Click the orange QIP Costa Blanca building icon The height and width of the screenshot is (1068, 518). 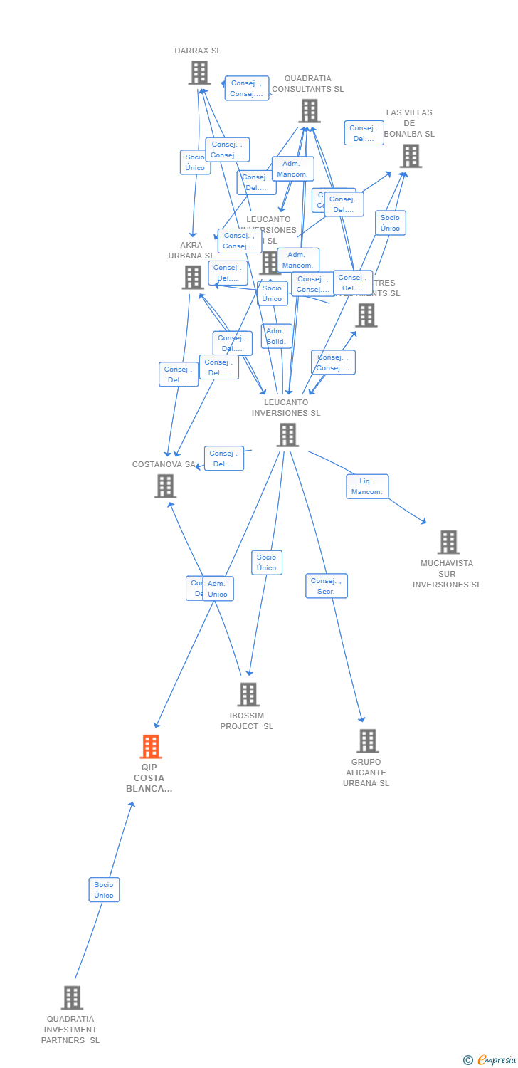tap(150, 747)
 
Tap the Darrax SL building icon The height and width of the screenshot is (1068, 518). tap(199, 73)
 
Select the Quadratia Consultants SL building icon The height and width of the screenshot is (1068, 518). tap(309, 111)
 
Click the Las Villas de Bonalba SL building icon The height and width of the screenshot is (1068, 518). tap(411, 156)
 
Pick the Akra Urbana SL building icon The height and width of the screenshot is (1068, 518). tap(193, 278)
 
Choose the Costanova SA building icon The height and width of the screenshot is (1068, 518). tap(165, 486)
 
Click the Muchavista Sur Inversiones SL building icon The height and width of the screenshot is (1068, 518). tap(448, 542)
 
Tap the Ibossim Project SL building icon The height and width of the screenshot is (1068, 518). tap(248, 694)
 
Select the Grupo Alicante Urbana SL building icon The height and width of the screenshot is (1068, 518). tap(367, 741)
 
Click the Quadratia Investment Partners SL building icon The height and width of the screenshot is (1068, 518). tap(72, 998)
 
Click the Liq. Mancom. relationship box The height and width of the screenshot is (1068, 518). tap(367, 486)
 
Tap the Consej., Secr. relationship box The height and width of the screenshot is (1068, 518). tap(327, 586)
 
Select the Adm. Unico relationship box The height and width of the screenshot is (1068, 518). tap(218, 589)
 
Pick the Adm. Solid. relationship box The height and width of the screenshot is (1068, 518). tap(276, 336)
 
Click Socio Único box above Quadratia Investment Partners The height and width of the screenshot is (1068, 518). tap(104, 890)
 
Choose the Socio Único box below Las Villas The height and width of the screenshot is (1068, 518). tap(390, 223)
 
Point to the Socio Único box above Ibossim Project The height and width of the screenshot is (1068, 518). tap(267, 562)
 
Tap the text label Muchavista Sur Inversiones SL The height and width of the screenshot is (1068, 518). tap(447, 574)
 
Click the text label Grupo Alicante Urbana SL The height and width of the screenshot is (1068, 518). tap(366, 773)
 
